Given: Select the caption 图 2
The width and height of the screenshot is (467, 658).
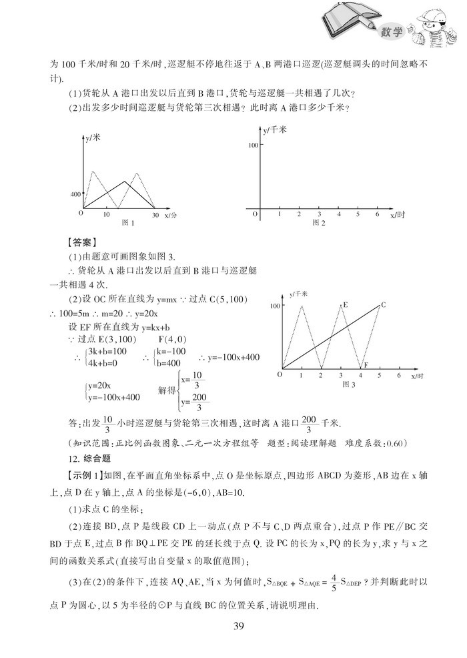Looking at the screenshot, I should tap(318, 223).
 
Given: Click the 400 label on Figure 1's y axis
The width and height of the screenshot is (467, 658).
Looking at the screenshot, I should tap(73, 194).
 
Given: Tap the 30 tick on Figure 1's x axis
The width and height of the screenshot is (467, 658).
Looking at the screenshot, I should tap(154, 215).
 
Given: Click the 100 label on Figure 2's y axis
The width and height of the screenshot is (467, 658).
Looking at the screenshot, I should tap(252, 145).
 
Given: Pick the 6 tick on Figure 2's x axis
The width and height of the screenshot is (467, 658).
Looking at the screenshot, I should tap(377, 214).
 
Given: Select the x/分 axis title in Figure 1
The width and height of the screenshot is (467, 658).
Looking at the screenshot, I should tap(170, 216).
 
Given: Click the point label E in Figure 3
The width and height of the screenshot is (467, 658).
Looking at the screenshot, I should tap(345, 305).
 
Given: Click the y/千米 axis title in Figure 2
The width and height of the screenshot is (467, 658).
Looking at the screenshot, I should tap(274, 129).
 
